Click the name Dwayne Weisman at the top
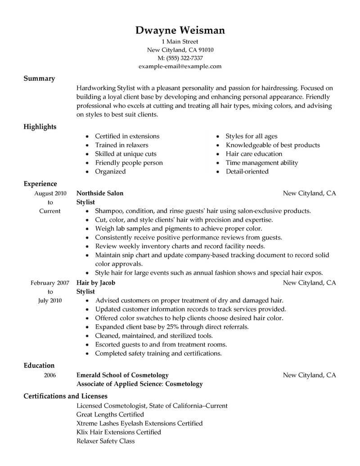(180, 31)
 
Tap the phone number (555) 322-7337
(184, 58)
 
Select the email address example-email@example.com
(180, 66)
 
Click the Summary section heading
(39, 78)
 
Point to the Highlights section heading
(40, 127)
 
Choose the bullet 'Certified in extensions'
(127, 136)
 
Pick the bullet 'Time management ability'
(262, 163)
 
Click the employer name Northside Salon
(100, 193)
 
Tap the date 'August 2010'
(50, 193)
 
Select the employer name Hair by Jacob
(96, 283)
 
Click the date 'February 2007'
(50, 283)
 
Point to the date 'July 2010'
(50, 300)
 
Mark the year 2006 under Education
(50, 375)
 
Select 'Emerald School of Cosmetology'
(123, 375)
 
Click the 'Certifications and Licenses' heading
(65, 396)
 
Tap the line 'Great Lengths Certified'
(110, 414)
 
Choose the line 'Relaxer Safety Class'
(106, 441)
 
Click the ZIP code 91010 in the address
(204, 50)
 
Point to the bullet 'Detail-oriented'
(247, 172)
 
